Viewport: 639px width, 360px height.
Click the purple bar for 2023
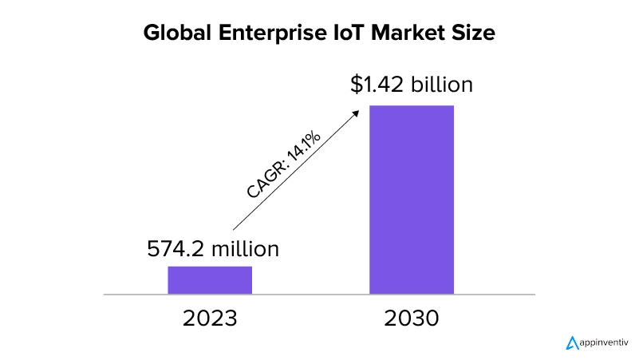click(x=210, y=280)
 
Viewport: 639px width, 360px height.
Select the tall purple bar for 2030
click(x=411, y=200)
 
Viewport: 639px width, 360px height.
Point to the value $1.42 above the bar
click(x=375, y=85)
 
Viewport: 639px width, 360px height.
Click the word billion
click(x=441, y=85)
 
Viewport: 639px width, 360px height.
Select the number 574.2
click(x=176, y=249)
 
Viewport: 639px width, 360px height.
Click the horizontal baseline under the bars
click(x=319, y=295)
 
